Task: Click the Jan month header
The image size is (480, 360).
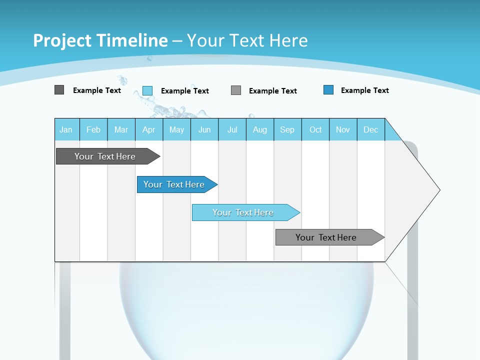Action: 66,129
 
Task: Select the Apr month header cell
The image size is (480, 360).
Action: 149,129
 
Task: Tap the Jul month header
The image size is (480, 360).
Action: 232,129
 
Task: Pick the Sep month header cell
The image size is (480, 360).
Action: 287,129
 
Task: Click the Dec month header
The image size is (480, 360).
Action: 371,129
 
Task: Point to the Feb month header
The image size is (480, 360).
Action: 93,129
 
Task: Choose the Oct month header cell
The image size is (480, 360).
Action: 315,129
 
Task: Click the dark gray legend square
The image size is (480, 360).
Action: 59,90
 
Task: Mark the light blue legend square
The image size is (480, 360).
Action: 147,90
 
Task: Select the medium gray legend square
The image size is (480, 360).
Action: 236,90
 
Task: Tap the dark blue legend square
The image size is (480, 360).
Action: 328,90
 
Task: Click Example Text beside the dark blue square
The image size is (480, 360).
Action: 364,90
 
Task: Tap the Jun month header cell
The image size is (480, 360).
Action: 204,129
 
